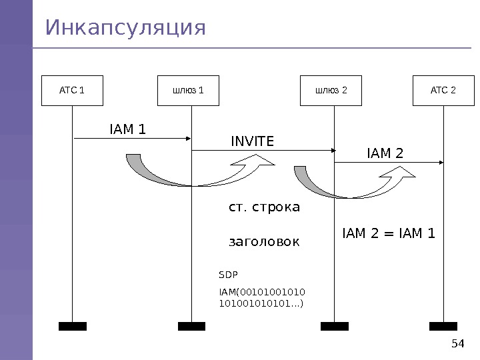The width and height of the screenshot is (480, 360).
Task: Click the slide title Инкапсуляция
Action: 126,29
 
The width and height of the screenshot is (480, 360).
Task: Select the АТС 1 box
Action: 72,91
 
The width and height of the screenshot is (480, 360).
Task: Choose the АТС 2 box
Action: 443,91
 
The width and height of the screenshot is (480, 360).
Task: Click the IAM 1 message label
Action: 127,129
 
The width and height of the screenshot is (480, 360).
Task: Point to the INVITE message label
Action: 252,141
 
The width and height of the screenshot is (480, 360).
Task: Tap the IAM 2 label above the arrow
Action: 385,154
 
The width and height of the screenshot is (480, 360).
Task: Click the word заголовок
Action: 264,241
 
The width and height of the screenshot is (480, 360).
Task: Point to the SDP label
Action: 229,275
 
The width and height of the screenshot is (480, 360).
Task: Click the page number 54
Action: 457,344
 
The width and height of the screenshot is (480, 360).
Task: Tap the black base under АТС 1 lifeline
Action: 72,326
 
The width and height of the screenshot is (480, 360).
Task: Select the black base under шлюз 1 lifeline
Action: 191,326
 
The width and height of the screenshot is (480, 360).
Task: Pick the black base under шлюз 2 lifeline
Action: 334,326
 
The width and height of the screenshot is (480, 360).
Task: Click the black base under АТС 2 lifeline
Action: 443,326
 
